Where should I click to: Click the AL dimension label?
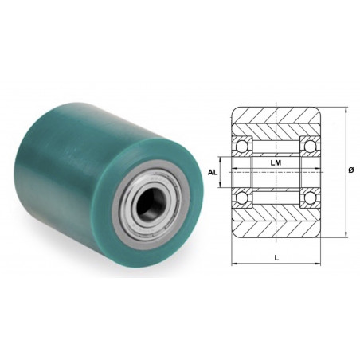coord(213,172)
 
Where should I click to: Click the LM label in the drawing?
coord(276,163)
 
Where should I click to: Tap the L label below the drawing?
coord(276,258)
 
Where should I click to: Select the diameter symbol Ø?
coord(350,170)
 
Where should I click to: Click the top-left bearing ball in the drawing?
coord(241,146)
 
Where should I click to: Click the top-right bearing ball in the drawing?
coord(310,146)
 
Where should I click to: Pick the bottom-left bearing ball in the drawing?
coord(241,198)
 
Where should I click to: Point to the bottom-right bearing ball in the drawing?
coord(310,198)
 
